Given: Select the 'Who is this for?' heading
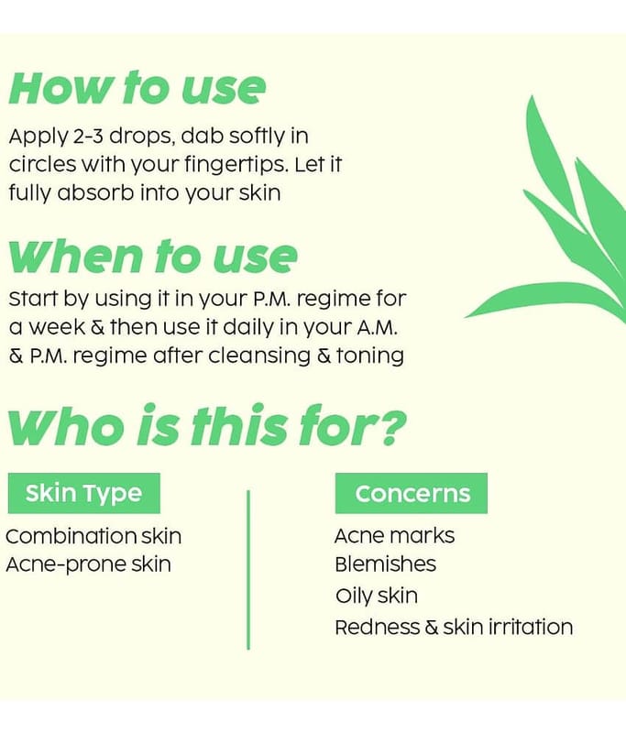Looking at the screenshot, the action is [207, 424].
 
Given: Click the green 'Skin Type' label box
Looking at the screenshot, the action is [84, 493].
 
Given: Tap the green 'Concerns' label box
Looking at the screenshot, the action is [412, 493].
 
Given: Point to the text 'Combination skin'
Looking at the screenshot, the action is [93, 536].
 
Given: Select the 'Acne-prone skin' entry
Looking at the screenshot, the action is [88, 564].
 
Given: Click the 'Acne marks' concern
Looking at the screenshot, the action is [395, 536].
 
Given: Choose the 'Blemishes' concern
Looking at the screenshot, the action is [386, 564].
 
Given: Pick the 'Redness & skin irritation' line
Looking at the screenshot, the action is [454, 628].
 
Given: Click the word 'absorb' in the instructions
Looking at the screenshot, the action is [95, 193].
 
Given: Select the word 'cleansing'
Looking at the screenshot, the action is [259, 356].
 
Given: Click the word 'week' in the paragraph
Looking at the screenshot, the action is [58, 327].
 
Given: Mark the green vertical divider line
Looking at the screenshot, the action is [248, 569].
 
